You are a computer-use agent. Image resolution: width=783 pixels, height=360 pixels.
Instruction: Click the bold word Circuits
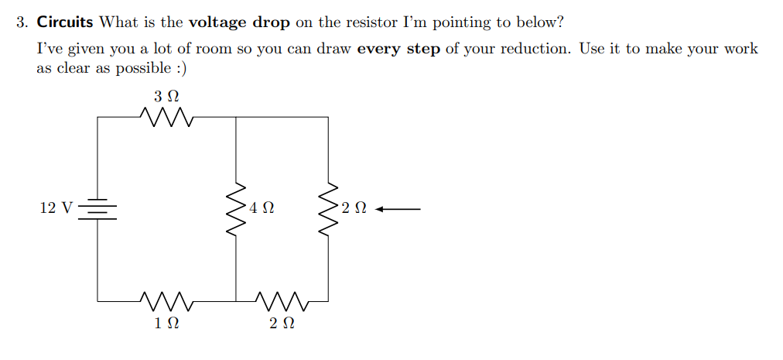[x=65, y=22]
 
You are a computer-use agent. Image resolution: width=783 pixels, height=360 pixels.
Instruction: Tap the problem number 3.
[x=22, y=22]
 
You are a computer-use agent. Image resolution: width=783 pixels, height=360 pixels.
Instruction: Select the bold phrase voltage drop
[x=239, y=22]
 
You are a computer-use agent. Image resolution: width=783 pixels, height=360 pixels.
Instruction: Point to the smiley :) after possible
[x=180, y=68]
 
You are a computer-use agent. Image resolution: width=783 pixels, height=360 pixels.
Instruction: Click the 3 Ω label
[x=166, y=97]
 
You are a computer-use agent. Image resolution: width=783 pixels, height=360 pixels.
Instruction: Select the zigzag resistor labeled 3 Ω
[x=166, y=118]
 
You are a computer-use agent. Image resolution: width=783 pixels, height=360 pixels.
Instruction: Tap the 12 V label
[x=56, y=207]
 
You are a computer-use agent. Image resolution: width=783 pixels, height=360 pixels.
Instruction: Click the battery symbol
[x=98, y=207]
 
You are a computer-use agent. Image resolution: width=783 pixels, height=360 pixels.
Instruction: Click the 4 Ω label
[x=262, y=208]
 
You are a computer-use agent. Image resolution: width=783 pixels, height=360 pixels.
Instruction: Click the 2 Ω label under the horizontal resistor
[x=282, y=323]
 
